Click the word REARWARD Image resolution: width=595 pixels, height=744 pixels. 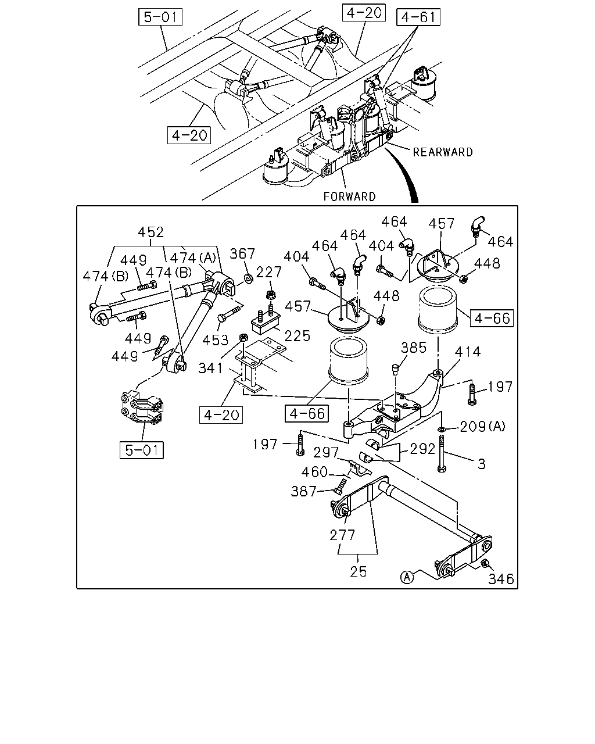pos(443,152)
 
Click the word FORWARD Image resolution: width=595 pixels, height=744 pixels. pos(349,196)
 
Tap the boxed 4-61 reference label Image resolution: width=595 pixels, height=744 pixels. pos(418,17)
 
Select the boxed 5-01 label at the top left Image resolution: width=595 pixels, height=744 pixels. pos(160,17)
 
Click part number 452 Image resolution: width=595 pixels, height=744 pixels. pos(150,232)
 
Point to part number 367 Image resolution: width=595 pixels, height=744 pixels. pos(242,254)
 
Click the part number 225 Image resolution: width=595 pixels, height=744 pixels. pos(297,336)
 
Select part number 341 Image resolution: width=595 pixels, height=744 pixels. pos(210,368)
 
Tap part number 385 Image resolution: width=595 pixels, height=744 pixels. pos(414,348)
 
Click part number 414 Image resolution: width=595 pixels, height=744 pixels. pos(468,352)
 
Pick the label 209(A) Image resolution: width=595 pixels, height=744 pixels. pos(483,427)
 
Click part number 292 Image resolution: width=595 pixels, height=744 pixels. pos(422,449)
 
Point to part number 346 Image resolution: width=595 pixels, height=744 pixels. pos(501,579)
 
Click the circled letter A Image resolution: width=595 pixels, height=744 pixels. pos(407,577)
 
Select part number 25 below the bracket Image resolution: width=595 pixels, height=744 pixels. pos(358,571)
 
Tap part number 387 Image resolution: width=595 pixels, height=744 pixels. pos(304,491)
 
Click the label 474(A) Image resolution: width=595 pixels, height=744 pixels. pos(193,257)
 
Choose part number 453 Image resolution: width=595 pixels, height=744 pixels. pos(216,340)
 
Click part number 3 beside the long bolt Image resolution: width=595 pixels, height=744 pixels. pos(482,464)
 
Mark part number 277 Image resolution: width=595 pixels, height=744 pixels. pos(343,535)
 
